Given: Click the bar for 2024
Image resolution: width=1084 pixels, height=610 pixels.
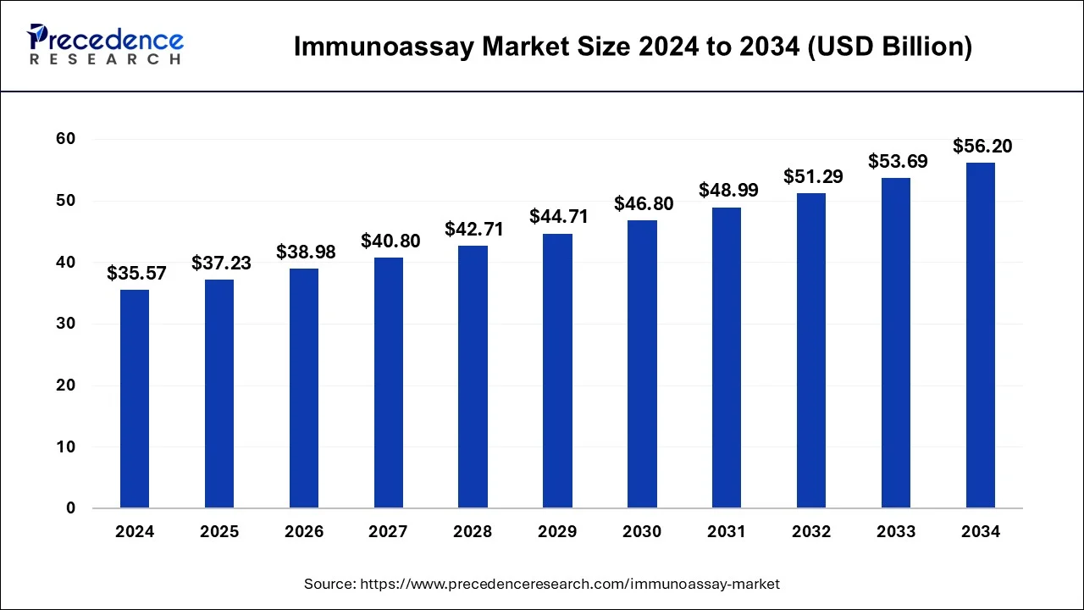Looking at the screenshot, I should click(135, 399).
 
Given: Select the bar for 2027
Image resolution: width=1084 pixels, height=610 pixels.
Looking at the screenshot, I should click(389, 383).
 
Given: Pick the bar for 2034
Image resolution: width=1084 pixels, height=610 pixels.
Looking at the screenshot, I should click(981, 335).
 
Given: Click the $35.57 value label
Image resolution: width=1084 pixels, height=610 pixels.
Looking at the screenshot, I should click(136, 274).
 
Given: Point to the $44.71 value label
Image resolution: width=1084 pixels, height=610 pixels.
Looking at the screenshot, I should click(559, 217).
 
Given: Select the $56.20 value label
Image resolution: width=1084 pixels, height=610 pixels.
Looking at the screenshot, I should click(982, 147).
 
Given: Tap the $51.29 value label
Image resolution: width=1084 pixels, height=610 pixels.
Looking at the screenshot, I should click(812, 176).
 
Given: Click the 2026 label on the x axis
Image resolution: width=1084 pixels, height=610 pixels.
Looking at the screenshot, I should click(304, 532).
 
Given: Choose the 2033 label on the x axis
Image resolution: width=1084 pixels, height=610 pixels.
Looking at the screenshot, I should click(896, 532).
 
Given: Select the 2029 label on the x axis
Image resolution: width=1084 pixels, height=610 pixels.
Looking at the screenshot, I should click(558, 532).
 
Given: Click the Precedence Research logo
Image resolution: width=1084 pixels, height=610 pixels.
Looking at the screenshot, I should click(105, 45).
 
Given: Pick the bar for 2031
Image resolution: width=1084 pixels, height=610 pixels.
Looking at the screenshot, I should click(727, 358).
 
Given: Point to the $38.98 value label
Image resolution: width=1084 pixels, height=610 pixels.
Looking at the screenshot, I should click(305, 252).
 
